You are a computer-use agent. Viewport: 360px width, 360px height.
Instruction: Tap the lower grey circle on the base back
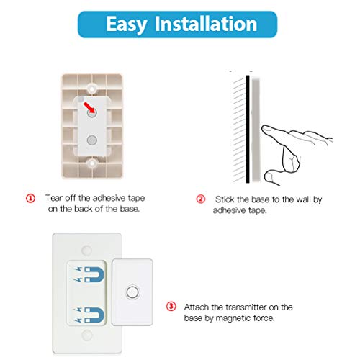tap(91, 139)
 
